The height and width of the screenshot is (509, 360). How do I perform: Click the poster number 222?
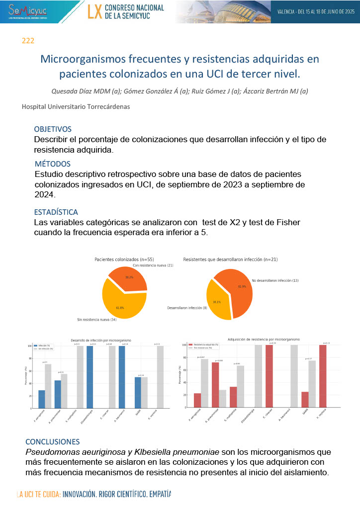point(28,41)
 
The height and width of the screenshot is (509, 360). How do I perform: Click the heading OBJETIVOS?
point(53,129)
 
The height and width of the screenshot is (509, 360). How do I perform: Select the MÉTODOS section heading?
point(53,164)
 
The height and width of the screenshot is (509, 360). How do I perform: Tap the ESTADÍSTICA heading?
point(56,212)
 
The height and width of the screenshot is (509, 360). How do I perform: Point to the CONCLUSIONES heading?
point(52,441)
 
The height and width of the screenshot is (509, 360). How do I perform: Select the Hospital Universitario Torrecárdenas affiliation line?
point(78,106)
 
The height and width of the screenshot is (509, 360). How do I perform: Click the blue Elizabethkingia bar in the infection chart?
point(90,377)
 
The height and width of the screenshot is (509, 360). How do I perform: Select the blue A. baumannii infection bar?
point(122,377)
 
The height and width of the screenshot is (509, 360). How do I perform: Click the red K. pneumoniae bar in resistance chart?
point(215,385)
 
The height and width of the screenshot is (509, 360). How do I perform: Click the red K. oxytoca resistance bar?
point(323,376)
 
